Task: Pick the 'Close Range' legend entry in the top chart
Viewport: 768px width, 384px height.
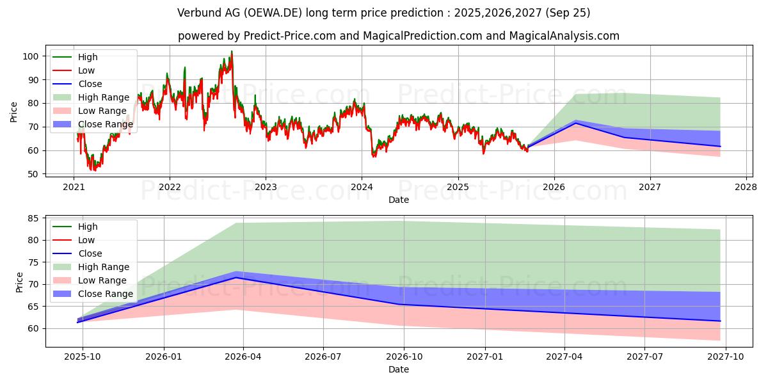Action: coord(106,124)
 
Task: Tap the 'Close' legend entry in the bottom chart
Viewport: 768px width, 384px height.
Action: coord(90,253)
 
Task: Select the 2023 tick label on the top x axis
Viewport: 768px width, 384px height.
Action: coord(266,187)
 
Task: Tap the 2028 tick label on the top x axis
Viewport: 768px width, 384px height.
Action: coord(746,187)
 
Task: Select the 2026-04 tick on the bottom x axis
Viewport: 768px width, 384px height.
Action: coord(243,356)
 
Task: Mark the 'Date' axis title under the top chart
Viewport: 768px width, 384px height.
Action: coord(399,200)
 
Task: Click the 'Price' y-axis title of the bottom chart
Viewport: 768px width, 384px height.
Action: coord(19,282)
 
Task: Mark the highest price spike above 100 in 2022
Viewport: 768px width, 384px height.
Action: coord(232,52)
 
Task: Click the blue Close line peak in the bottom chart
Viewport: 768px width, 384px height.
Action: coord(237,277)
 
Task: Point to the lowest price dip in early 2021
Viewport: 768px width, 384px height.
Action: coord(94,170)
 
